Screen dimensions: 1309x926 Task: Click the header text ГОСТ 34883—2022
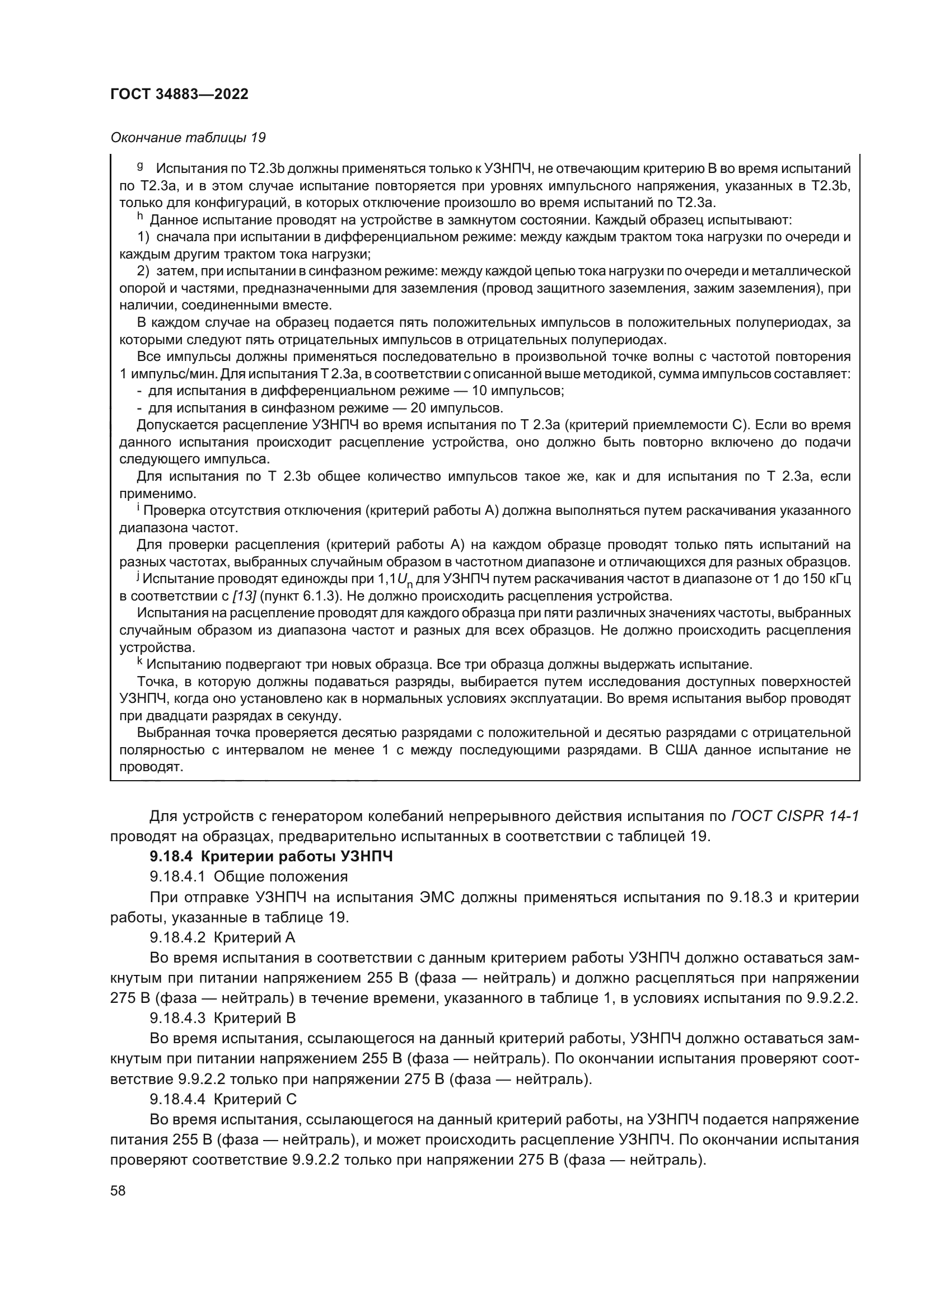(x=179, y=95)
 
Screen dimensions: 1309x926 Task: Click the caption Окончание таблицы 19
(x=188, y=138)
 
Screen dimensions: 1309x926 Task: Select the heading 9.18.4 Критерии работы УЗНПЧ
(x=271, y=857)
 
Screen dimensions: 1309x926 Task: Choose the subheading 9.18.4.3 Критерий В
(x=222, y=1018)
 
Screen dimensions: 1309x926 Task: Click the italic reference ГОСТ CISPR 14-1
(x=795, y=817)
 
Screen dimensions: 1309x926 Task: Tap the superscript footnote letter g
(x=140, y=166)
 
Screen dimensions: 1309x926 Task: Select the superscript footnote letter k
(x=140, y=662)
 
